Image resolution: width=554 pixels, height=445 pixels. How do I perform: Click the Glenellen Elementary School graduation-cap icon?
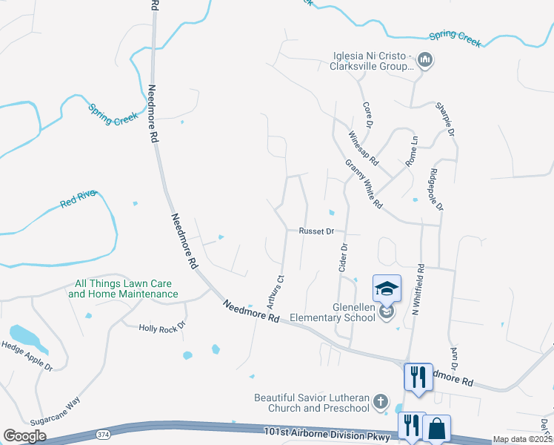[x=387, y=289]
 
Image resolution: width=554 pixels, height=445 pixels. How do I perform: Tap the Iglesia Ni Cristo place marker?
[x=425, y=59]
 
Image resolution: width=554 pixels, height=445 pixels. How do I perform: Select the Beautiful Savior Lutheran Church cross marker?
[x=380, y=402]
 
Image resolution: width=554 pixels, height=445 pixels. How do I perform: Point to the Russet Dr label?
[x=317, y=231]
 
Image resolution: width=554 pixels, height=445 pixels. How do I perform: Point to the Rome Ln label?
[x=412, y=151]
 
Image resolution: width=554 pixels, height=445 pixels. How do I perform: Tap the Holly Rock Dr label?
[x=161, y=327]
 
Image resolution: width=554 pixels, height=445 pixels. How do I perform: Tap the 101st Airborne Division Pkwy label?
[x=327, y=435]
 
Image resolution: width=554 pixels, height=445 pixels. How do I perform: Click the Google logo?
[x=24, y=436]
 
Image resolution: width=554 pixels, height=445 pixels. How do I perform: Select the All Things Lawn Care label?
[x=123, y=289]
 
